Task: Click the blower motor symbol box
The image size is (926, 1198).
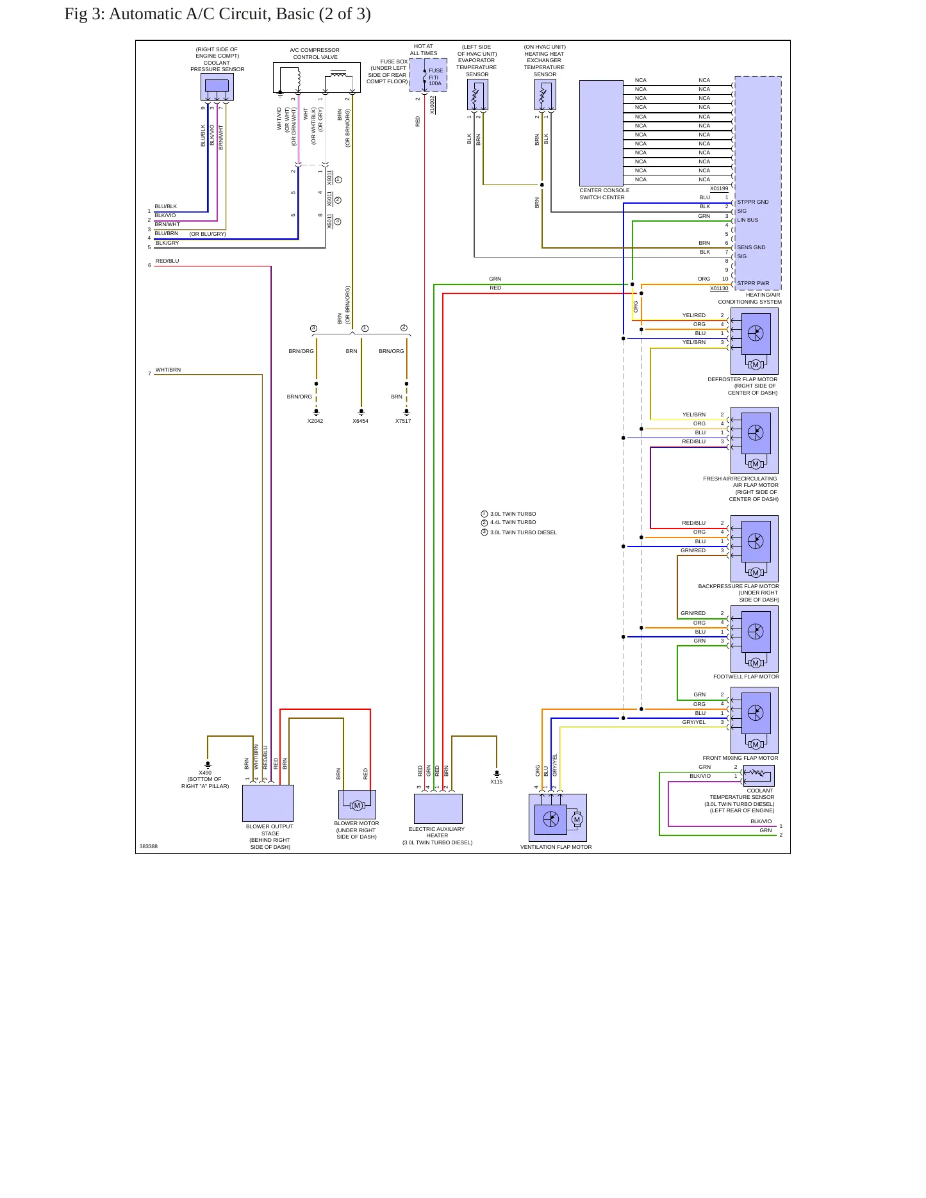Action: [357, 805]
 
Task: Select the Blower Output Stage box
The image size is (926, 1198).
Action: [268, 803]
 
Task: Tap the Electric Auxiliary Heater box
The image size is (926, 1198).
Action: [438, 809]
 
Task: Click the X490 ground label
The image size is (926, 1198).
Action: [205, 773]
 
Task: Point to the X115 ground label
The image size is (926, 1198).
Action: [497, 782]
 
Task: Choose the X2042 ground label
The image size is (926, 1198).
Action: [315, 421]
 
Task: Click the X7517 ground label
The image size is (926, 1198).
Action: [403, 421]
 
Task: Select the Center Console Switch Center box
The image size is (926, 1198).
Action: [601, 133]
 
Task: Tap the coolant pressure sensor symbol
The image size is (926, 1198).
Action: [217, 86]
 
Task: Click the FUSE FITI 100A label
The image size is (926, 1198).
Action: [435, 77]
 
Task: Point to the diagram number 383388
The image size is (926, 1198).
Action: [149, 846]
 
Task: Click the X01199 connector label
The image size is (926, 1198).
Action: [719, 188]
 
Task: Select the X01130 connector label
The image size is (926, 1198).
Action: [719, 288]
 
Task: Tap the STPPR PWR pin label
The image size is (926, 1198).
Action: [753, 283]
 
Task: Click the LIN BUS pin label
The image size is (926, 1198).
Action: [747, 220]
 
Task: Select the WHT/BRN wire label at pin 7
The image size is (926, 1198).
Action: [168, 370]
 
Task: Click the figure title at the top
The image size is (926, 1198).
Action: [217, 14]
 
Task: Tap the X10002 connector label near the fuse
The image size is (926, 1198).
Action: [432, 105]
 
